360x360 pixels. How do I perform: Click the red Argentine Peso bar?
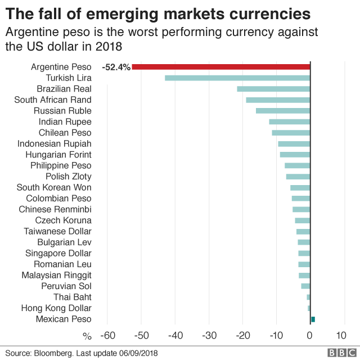[221, 67]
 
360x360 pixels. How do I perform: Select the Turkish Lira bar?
[237, 78]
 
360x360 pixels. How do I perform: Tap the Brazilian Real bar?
[273, 89]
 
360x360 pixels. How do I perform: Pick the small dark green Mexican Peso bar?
[313, 319]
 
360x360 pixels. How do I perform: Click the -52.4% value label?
[116, 67]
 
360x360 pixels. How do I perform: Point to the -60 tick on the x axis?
[107, 336]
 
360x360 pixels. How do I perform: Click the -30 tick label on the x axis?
[209, 336]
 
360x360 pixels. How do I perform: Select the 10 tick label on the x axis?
[341, 336]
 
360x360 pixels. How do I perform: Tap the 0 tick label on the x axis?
[310, 336]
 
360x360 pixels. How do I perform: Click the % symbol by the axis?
[87, 336]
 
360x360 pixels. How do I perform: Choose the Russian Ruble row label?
[62, 111]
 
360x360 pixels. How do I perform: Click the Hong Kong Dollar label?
[56, 308]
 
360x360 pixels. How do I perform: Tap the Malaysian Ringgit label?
[56, 275]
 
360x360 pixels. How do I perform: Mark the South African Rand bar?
[278, 100]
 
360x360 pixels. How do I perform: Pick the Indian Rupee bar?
[289, 121]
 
